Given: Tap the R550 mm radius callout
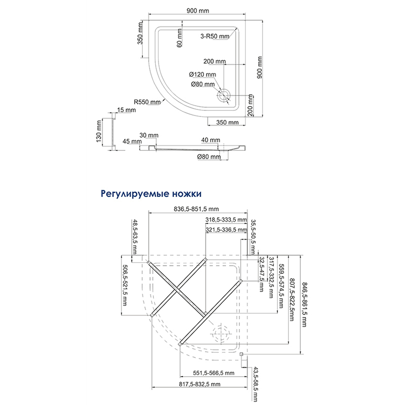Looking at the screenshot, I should [147, 102].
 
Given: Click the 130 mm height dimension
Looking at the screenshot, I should [99, 133].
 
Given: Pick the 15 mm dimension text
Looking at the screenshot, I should [124, 110].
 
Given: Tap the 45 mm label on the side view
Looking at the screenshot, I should [132, 142].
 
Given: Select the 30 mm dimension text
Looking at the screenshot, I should [149, 135].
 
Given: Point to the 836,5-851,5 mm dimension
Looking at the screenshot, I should [195, 209].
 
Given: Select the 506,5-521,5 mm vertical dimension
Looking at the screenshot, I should [125, 284].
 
